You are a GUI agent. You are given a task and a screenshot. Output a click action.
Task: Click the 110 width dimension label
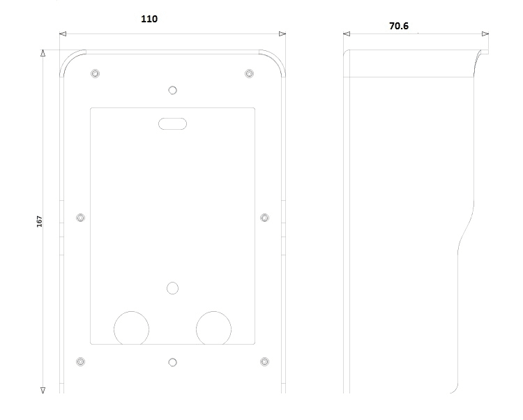pyautogui.click(x=149, y=19)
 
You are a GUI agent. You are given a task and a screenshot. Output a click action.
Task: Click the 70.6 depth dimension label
pyautogui.click(x=399, y=26)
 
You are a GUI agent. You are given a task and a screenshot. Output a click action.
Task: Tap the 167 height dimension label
pyautogui.click(x=39, y=221)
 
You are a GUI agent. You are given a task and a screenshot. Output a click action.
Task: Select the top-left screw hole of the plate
pyautogui.click(x=95, y=73)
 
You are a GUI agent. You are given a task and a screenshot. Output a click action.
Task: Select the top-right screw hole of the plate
pyautogui.click(x=249, y=73)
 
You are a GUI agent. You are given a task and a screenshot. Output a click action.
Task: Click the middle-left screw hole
pyautogui.click(x=80, y=218)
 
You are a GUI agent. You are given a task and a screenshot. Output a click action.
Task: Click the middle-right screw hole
pyautogui.click(x=264, y=218)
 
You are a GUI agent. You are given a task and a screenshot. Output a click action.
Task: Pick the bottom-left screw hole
pyautogui.click(x=80, y=361)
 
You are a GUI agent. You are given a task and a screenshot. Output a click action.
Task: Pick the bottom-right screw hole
pyautogui.click(x=264, y=361)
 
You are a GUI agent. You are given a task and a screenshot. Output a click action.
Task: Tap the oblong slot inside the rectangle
pyautogui.click(x=172, y=123)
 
